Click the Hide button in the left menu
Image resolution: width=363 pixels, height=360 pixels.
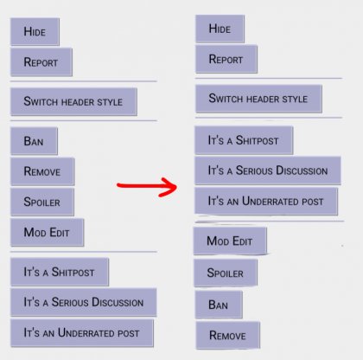pos(35,31)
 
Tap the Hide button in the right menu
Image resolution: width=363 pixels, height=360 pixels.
pos(220,29)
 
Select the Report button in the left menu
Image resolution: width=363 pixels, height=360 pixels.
pos(41,62)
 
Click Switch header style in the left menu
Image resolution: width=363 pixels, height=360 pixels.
pos(73,101)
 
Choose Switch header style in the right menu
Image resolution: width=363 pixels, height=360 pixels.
pos(258,99)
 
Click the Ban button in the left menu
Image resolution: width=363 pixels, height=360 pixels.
pos(34,141)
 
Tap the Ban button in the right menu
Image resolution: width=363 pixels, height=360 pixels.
pos(219,305)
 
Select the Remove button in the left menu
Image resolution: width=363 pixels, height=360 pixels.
pos(42,171)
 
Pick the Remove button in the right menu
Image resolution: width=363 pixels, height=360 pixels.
pos(228,335)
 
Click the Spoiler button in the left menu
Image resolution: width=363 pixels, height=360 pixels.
pos(42,202)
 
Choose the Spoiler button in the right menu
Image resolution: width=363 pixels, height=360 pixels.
pos(226,273)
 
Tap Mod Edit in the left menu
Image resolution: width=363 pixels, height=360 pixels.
pos(48,232)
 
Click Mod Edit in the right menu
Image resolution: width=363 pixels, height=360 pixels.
pos(230,241)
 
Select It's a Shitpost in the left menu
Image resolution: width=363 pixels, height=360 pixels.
pos(60,272)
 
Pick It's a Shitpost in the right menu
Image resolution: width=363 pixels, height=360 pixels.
pos(244,140)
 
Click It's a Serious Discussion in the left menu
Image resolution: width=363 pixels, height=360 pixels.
pos(84,302)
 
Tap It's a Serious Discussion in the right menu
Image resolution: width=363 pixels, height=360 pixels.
pos(268,170)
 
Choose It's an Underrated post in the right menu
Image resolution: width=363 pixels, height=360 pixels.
pos(266,201)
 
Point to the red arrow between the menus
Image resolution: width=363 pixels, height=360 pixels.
pos(147,186)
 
